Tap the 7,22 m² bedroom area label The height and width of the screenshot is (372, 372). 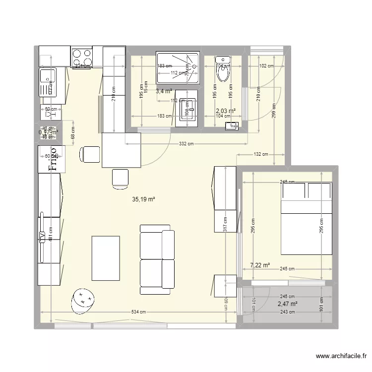point(260,265)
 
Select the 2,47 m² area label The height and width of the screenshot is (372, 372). point(287,304)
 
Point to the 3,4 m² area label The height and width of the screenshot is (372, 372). point(164,91)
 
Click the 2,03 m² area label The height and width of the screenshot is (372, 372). point(225,111)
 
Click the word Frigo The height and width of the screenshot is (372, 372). point(52,159)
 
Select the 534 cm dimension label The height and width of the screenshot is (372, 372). point(139,312)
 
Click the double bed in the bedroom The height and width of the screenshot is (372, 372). point(307,218)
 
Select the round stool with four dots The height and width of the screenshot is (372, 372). point(83,300)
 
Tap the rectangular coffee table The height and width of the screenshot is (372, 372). point(105,258)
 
